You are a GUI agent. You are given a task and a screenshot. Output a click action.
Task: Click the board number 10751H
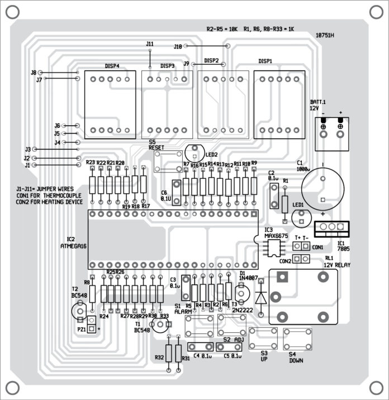(x=324, y=35)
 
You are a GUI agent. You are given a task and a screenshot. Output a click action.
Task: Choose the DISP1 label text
(x=265, y=61)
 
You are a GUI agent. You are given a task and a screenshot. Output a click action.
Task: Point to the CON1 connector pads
(x=302, y=246)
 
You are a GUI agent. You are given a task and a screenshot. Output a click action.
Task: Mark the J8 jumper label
(x=33, y=73)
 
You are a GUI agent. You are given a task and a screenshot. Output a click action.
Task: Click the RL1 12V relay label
(x=337, y=261)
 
